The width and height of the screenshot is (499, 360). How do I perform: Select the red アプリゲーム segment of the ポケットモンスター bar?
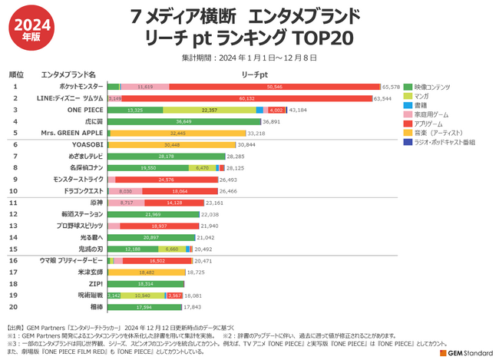point(274,88)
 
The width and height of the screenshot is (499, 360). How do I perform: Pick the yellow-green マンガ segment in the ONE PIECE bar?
point(209,111)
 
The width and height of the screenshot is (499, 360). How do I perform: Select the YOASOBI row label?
point(80,145)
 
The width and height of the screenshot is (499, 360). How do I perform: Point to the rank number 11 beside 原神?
point(15,203)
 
